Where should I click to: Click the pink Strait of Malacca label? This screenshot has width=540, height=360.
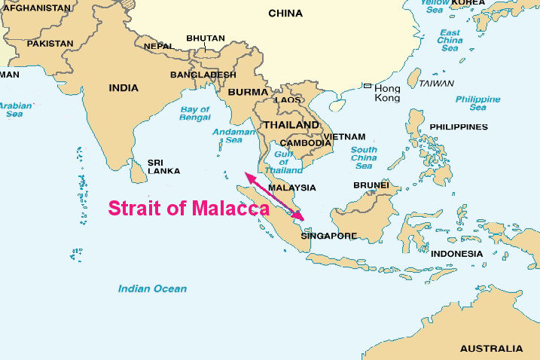188,208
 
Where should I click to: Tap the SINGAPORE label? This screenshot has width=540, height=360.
328,236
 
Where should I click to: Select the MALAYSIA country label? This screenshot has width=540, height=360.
291,188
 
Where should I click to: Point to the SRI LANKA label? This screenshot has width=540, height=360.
163,166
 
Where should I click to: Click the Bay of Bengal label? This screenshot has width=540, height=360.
195,114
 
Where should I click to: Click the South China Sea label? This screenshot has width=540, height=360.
364,157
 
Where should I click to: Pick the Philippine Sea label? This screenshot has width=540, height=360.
477,103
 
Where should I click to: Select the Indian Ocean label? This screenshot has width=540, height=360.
152,288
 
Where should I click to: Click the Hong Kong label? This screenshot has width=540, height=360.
388,93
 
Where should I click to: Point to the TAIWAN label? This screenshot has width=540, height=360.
436,83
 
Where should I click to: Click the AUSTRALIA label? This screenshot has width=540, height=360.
491,349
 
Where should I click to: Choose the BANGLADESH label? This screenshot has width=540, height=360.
203,75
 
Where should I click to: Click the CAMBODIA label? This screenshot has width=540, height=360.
305,143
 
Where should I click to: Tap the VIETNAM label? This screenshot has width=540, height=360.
346,137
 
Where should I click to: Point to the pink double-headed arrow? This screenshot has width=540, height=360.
274,197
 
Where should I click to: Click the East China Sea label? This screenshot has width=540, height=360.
450,41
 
